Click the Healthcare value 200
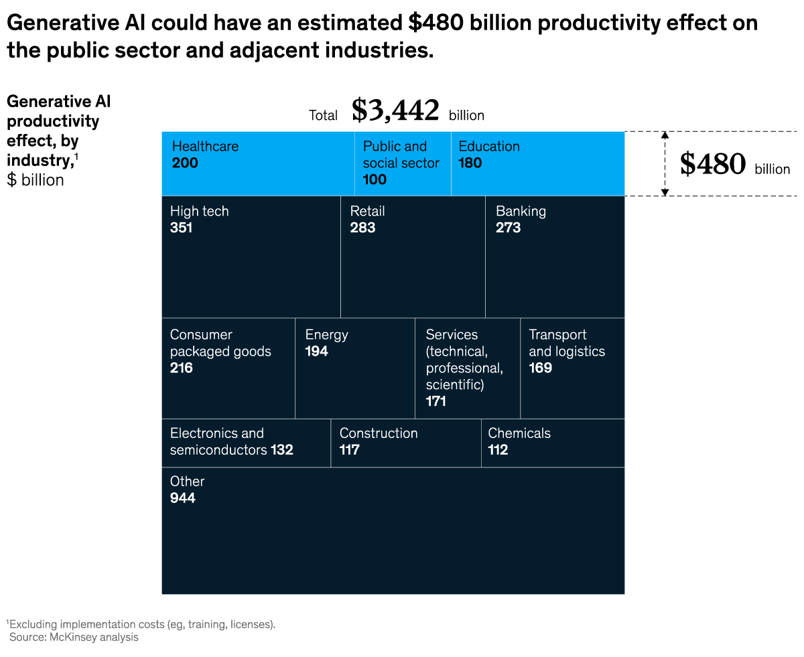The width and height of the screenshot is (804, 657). tap(185, 163)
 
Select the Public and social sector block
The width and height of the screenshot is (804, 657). tap(403, 163)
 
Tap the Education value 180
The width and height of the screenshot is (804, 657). tap(470, 163)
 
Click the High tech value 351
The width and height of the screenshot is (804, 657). tap(181, 228)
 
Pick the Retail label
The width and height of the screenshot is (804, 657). tap(367, 211)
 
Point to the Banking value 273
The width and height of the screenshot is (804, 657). tap(508, 228)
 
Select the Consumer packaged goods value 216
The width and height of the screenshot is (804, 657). tap(181, 368)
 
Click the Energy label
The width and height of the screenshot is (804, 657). tap(326, 335)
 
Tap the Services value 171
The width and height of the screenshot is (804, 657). tap(435, 401)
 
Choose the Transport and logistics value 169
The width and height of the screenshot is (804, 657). tap(540, 368)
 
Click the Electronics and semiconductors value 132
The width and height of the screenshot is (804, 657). tap(282, 450)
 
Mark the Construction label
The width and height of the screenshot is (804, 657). tap(379, 433)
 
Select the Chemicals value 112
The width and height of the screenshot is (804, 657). tap(498, 450)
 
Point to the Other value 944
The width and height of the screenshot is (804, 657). tap(183, 498)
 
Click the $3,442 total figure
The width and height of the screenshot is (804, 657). tap(395, 111)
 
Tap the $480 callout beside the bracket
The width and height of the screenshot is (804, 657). tap(712, 164)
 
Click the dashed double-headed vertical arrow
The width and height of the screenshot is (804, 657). tap(665, 163)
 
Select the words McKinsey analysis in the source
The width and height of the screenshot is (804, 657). tap(94, 637)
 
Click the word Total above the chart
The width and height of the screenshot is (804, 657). tap(323, 115)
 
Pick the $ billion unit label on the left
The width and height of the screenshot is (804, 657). tap(36, 179)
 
